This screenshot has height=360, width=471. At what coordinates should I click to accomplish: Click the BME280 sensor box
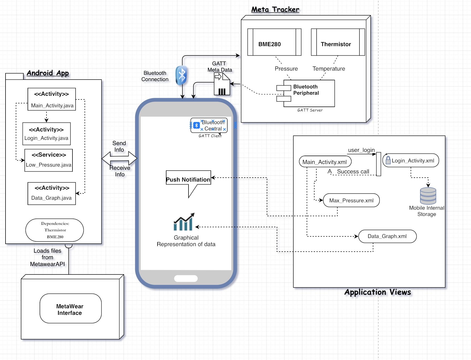(274, 42)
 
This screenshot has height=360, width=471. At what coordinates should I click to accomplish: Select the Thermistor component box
(338, 42)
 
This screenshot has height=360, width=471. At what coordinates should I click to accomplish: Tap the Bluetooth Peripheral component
(306, 93)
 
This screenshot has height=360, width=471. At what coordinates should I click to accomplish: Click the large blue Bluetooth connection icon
(181, 75)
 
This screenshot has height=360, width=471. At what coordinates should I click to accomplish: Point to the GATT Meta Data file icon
(222, 84)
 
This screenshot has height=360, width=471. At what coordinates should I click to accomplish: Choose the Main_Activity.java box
(52, 99)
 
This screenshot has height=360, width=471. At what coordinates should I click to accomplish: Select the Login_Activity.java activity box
(46, 134)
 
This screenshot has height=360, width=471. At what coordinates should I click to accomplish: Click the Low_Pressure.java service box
(49, 160)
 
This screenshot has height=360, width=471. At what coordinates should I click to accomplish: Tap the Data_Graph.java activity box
(52, 194)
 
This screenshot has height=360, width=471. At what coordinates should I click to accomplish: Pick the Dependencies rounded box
(55, 230)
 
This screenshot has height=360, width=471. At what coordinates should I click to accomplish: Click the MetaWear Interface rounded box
(71, 308)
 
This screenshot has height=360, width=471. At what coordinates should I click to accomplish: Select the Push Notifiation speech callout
(189, 184)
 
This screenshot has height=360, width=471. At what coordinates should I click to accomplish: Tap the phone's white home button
(186, 278)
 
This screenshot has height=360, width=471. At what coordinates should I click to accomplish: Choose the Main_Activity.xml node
(325, 162)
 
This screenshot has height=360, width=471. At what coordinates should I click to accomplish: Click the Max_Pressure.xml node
(351, 200)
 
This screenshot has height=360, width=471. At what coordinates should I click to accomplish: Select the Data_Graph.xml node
(388, 236)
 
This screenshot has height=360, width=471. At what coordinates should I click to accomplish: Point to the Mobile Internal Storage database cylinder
(428, 196)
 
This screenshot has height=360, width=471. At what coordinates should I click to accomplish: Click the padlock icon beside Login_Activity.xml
(388, 160)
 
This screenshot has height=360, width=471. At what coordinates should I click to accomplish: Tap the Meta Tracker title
(275, 9)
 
